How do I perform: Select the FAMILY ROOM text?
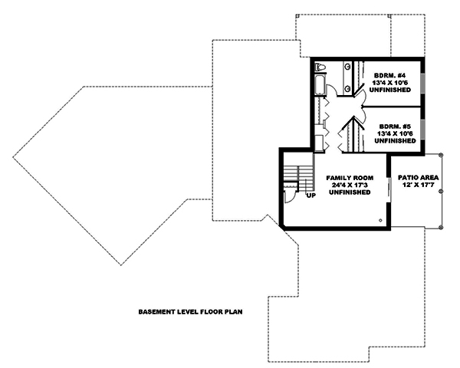tap(350, 177)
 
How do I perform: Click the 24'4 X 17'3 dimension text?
tap(350, 185)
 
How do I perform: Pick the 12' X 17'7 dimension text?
tap(416, 186)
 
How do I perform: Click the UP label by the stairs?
tap(310, 195)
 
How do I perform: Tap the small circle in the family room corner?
tap(380, 219)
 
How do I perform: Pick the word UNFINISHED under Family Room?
tap(350, 193)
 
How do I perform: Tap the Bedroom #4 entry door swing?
tap(358, 90)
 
